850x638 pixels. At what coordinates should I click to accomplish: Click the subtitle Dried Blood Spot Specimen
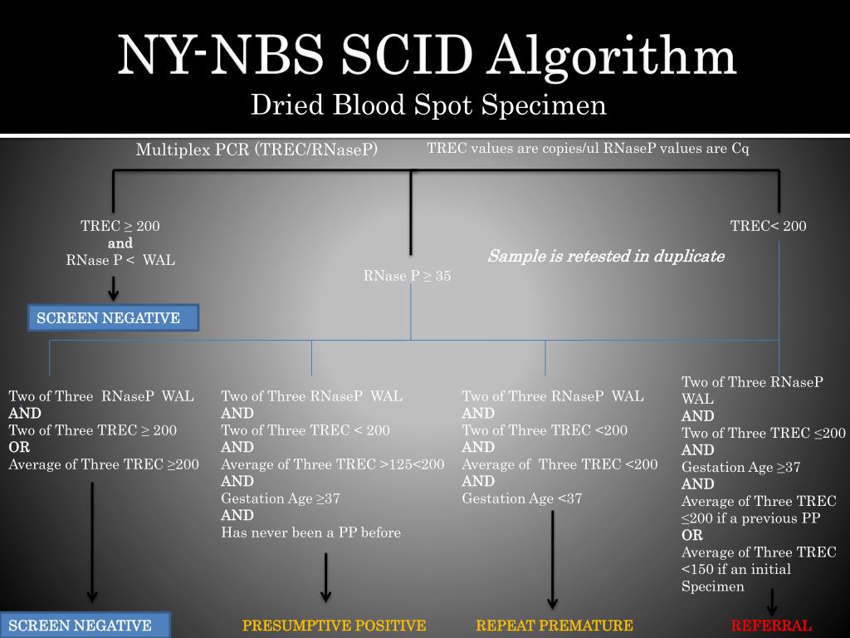(x=428, y=106)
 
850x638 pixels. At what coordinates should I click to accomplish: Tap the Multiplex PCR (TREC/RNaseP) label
(x=256, y=150)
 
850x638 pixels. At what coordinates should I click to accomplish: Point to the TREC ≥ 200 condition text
(x=120, y=226)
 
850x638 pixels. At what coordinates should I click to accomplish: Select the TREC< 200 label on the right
(x=768, y=226)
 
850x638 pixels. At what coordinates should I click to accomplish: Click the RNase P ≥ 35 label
(x=407, y=276)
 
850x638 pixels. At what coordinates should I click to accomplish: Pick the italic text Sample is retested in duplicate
(x=605, y=256)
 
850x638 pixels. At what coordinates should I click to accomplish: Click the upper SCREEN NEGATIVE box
(x=114, y=318)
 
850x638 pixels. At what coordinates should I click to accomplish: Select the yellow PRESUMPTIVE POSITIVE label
(x=334, y=626)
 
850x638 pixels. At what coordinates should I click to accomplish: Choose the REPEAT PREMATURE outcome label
(x=554, y=626)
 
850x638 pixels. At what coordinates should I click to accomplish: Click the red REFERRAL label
(x=771, y=626)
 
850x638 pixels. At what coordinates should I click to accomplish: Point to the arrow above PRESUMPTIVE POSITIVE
(x=326, y=577)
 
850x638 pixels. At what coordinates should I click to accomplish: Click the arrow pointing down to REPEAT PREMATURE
(x=553, y=561)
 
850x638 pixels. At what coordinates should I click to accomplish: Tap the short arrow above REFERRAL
(x=773, y=601)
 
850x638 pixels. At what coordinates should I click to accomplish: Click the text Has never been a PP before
(x=310, y=532)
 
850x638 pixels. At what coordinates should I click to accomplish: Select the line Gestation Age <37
(x=521, y=498)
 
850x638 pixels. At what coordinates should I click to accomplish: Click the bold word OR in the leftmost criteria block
(x=19, y=447)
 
